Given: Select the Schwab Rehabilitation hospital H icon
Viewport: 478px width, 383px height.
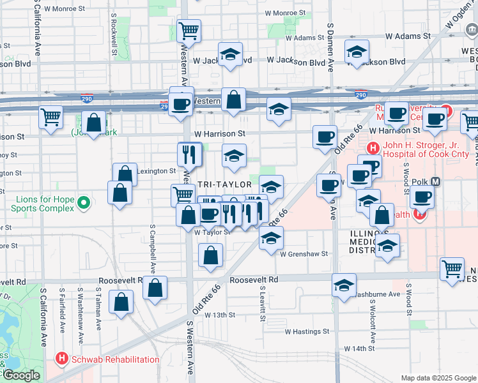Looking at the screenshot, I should pyautogui.click(x=62, y=359).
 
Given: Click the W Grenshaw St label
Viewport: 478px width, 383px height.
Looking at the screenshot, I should pyautogui.click(x=304, y=253).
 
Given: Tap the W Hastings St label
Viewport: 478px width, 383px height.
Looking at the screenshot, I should pyautogui.click(x=307, y=332).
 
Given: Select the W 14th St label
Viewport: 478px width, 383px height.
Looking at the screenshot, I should pyautogui.click(x=358, y=349).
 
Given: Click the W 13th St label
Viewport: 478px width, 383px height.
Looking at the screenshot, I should pyautogui.click(x=220, y=315).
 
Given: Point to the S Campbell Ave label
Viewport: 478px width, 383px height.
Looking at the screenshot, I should pyautogui.click(x=153, y=246).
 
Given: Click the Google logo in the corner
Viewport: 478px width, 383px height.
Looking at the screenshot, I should pyautogui.click(x=20, y=375).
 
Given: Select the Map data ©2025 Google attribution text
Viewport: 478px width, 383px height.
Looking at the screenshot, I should pyautogui.click(x=438, y=377).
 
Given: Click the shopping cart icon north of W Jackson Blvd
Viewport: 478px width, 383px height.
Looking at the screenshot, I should pyautogui.click(x=189, y=30).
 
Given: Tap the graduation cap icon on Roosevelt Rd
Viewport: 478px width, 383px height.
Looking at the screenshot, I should pyautogui.click(x=344, y=285).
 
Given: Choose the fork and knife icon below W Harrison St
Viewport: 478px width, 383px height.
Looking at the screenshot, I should pyautogui.click(x=189, y=153).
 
